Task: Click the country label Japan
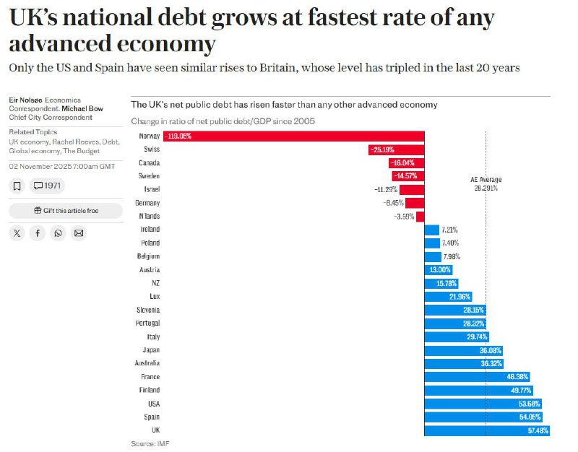[x=150, y=350]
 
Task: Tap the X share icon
[x=17, y=232]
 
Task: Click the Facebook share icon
[x=38, y=232]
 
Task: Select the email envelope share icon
[x=79, y=232]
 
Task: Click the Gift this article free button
[x=65, y=211]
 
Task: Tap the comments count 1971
[x=48, y=186]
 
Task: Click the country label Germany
[x=147, y=203]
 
